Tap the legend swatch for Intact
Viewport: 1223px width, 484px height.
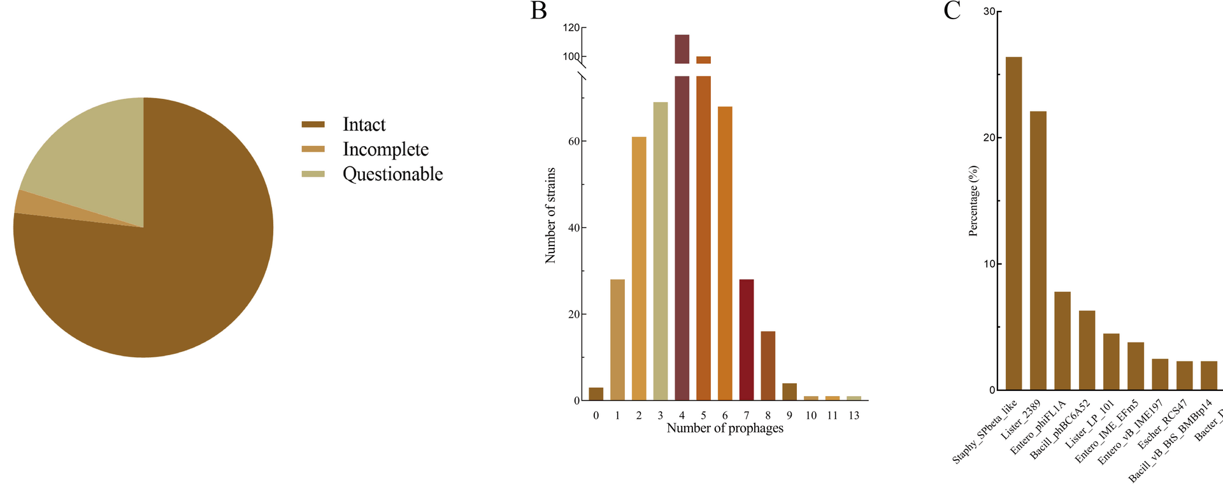pyautogui.click(x=313, y=124)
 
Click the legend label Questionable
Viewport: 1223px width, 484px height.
pyautogui.click(x=392, y=174)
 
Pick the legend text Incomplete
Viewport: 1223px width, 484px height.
pyautogui.click(x=385, y=149)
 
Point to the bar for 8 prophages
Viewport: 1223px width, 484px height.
pyautogui.click(x=768, y=366)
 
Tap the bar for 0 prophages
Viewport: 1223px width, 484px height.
pyautogui.click(x=596, y=394)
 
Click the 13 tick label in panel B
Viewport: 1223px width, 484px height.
pyautogui.click(x=854, y=415)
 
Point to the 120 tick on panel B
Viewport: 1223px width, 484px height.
pyautogui.click(x=571, y=28)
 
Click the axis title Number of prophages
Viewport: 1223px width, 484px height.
pyautogui.click(x=725, y=428)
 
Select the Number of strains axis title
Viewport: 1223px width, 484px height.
pyautogui.click(x=550, y=215)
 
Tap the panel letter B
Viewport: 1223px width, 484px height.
pyautogui.click(x=539, y=11)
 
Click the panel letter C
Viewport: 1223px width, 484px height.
pyautogui.click(x=952, y=11)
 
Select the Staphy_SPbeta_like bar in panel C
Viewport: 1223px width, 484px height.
pyautogui.click(x=1013, y=223)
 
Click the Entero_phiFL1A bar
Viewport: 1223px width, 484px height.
pyautogui.click(x=1062, y=341)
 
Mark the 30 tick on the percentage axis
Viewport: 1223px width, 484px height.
pyautogui.click(x=989, y=11)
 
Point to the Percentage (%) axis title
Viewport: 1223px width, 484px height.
pyautogui.click(x=973, y=201)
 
